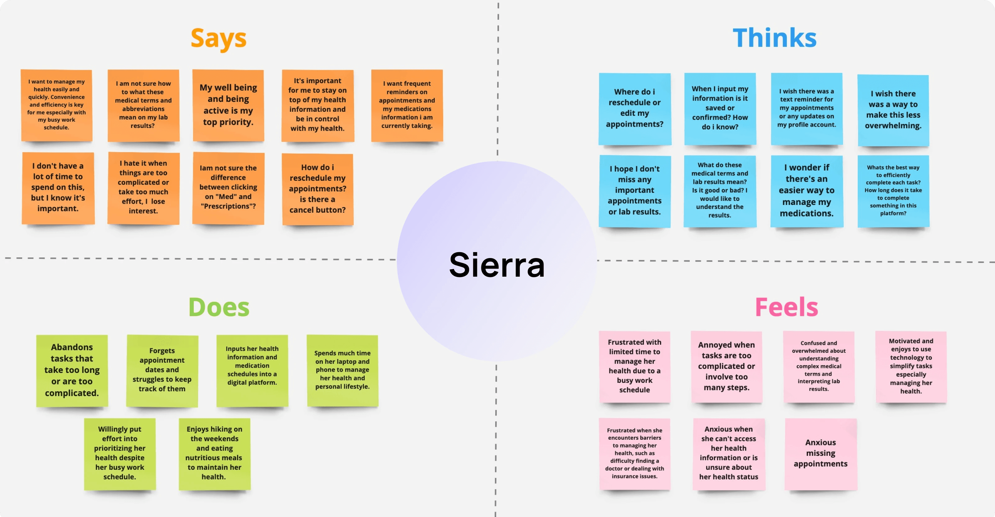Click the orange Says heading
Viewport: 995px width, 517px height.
point(218,39)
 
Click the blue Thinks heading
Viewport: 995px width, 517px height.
point(775,38)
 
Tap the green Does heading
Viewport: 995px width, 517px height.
point(219,307)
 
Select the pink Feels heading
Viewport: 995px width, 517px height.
point(786,307)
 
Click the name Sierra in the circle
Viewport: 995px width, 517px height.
point(497,265)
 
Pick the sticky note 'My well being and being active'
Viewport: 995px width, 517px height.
point(228,105)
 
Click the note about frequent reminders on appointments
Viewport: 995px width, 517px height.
point(407,105)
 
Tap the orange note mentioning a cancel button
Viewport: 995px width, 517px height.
point(317,189)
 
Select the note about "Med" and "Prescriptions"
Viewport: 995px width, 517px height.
point(228,188)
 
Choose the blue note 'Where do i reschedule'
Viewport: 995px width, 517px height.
point(635,108)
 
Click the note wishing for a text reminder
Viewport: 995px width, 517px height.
point(806,108)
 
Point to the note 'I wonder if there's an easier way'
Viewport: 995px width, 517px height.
point(806,190)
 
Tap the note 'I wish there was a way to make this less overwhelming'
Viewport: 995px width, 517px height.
point(893,110)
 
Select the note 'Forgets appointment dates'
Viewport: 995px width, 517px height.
point(162,370)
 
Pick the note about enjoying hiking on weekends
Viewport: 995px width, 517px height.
point(214,453)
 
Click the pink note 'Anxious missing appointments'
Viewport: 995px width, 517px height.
point(820,453)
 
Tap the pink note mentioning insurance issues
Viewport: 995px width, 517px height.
point(635,453)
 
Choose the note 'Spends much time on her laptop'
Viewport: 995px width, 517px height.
point(342,370)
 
